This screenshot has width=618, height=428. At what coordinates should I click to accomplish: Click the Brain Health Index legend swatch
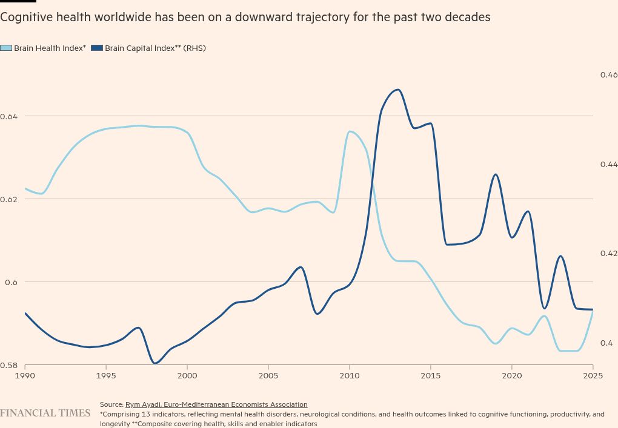(6, 48)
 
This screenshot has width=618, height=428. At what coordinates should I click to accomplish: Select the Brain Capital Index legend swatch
(97, 48)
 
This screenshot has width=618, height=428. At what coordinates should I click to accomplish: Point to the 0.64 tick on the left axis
(8, 116)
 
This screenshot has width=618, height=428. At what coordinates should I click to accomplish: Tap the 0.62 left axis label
(8, 199)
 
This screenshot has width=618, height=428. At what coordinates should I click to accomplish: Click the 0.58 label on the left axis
(8, 365)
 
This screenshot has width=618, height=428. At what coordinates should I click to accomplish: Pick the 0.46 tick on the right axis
(608, 74)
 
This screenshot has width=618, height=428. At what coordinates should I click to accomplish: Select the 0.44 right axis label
(608, 164)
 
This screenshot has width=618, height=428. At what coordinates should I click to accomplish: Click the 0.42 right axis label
(608, 254)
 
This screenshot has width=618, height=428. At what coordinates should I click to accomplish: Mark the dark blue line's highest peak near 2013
(397, 90)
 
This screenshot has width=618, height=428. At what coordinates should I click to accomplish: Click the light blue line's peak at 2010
(350, 131)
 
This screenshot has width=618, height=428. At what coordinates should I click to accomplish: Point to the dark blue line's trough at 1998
(156, 364)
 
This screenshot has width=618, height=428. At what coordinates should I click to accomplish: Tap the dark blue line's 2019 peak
(496, 174)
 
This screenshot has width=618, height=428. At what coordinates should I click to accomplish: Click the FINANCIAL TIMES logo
(45, 413)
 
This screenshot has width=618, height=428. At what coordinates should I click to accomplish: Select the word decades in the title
(468, 18)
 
